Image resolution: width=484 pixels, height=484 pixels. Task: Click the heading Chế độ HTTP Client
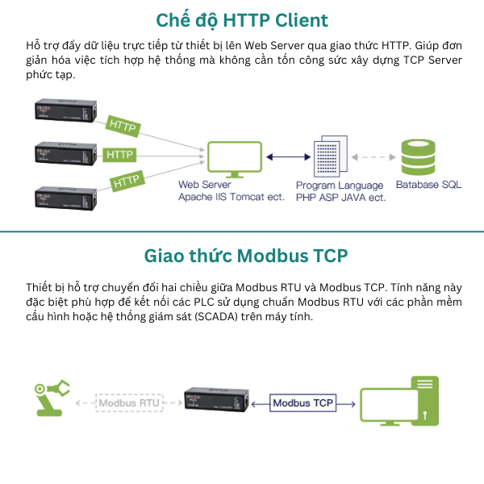[x=242, y=20]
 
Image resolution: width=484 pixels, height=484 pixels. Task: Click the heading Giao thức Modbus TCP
[x=242, y=257]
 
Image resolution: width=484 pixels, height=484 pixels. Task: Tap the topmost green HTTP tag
[x=123, y=126]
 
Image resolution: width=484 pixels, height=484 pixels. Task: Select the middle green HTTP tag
[x=119, y=153]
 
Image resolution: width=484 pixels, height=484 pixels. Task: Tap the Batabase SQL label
[x=428, y=185]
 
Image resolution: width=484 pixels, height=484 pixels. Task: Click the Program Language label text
[x=340, y=186]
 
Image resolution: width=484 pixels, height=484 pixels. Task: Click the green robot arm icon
[x=51, y=398]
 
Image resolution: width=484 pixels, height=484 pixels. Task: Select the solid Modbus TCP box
[x=303, y=402]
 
